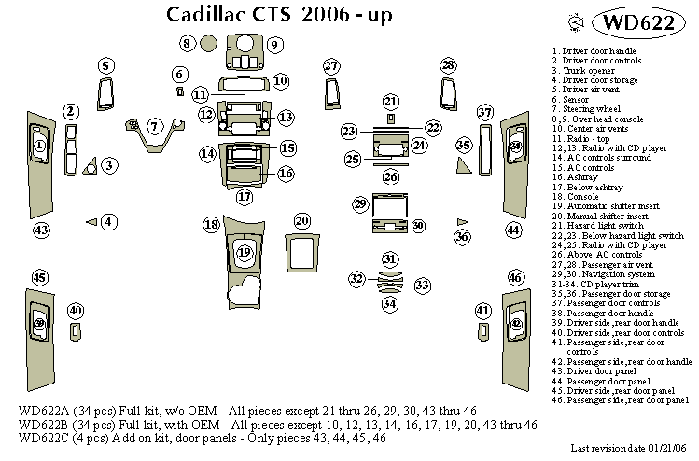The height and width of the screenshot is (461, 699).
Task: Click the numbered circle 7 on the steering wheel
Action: [155, 125]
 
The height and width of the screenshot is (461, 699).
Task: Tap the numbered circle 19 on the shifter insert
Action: [244, 252]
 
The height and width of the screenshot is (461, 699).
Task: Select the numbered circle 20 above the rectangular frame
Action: [301, 221]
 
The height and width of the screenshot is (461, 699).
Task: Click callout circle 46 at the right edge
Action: [514, 277]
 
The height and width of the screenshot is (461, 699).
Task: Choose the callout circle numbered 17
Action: [244, 197]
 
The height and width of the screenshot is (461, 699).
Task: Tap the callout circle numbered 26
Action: [391, 176]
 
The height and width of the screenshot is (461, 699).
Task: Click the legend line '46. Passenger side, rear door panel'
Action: [621, 400]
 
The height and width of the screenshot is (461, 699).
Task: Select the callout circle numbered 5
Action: [105, 65]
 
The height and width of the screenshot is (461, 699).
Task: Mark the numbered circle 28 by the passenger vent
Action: [449, 64]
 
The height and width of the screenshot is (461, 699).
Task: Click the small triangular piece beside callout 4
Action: [91, 221]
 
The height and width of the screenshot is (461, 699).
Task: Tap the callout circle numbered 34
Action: [390, 303]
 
